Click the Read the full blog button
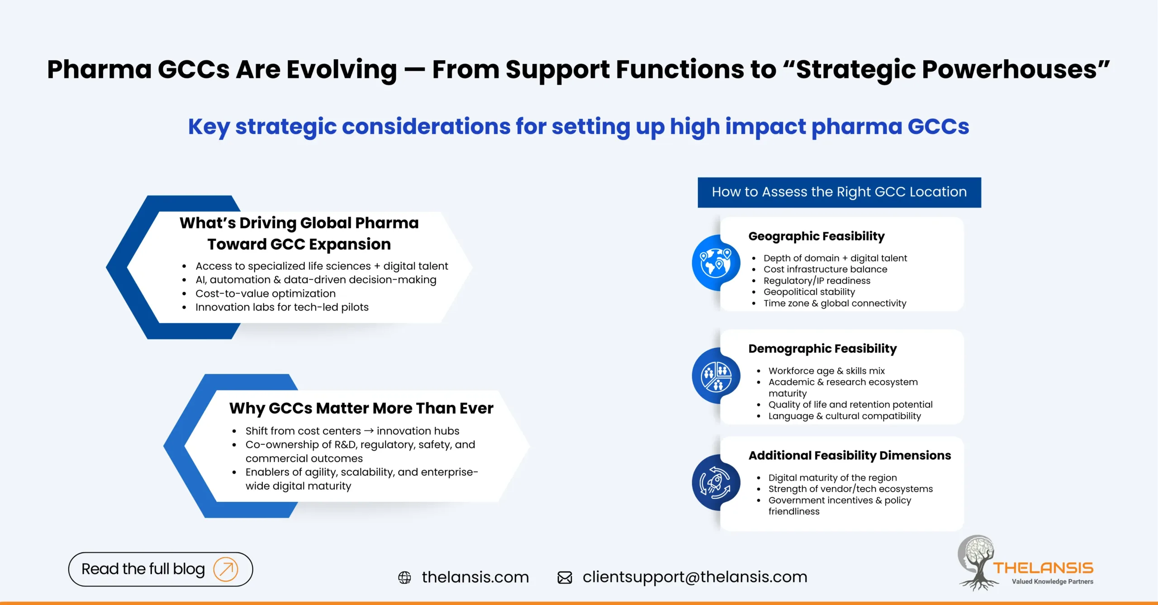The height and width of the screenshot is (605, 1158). [160, 569]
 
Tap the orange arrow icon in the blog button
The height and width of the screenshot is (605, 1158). [226, 569]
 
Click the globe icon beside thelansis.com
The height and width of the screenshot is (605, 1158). [404, 577]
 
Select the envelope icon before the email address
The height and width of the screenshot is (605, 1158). [565, 577]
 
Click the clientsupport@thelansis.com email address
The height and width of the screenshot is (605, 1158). [695, 577]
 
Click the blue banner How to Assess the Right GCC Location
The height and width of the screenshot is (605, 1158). [839, 192]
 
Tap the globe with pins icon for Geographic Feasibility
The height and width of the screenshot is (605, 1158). [716, 263]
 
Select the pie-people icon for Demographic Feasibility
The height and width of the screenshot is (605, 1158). [716, 376]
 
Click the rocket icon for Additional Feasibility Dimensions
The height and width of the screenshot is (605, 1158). [716, 483]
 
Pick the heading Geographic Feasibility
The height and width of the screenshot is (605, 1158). [816, 236]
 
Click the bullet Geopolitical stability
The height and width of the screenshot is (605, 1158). [809, 292]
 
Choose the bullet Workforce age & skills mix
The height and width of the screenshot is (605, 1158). [826, 371]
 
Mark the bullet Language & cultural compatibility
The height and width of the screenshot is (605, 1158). [844, 416]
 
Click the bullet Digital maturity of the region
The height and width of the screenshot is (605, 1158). [832, 477]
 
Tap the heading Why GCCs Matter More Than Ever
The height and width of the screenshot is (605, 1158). [361, 408]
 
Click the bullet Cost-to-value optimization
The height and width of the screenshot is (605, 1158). [266, 293]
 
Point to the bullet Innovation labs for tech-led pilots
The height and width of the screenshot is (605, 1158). [282, 307]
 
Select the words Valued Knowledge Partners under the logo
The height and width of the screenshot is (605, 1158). [1052, 581]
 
